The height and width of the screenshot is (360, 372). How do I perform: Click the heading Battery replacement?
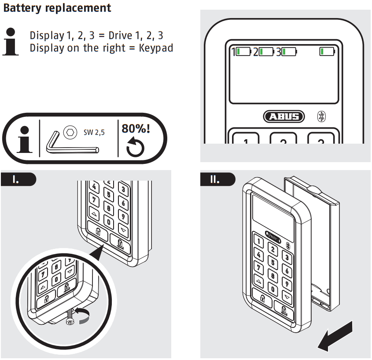57,8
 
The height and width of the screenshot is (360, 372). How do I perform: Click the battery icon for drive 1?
243,52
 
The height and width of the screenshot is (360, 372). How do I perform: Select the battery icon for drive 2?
265,52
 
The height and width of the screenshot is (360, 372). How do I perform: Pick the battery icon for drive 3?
290,52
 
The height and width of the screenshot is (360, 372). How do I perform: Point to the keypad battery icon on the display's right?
327,52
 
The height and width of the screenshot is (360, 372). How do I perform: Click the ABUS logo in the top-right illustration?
284,116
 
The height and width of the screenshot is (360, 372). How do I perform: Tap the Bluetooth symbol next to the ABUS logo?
321,116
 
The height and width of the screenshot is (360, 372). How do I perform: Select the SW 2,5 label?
94,131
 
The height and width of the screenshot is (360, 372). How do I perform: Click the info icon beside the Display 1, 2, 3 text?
11,41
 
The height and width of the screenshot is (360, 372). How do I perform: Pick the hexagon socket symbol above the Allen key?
69,131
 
